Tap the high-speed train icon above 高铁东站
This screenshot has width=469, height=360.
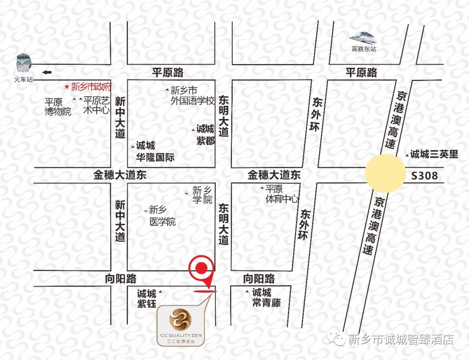[363, 38]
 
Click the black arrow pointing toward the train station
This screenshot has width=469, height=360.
[46, 72]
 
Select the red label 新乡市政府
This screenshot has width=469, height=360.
[91, 86]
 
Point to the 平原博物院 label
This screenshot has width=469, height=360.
[58, 107]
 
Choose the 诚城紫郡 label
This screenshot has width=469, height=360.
[205, 135]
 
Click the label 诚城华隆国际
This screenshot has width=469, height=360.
[155, 152]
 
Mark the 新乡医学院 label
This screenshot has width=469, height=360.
[162, 216]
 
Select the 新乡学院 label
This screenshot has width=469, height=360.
[202, 195]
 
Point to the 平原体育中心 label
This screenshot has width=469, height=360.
[282, 194]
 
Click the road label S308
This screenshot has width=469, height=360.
[424, 176]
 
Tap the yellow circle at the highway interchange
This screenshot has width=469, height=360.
[385, 173]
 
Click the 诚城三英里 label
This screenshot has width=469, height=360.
[434, 154]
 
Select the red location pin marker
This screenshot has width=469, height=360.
[201, 269]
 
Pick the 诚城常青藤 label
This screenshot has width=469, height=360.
[266, 297]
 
